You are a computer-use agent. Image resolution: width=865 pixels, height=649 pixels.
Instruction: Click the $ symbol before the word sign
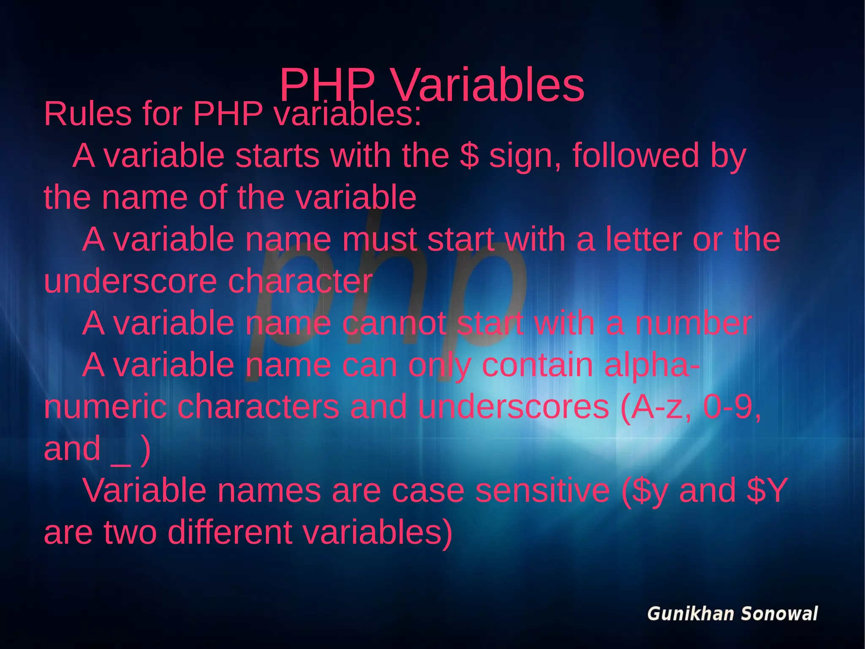[x=469, y=156]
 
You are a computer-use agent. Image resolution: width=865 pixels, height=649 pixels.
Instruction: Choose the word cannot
[x=394, y=323]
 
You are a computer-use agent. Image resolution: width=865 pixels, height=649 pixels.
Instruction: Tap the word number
[x=693, y=323]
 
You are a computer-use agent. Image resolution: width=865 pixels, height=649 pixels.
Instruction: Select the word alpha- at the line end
[x=652, y=365]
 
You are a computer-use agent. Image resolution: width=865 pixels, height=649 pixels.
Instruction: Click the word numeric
[x=105, y=407]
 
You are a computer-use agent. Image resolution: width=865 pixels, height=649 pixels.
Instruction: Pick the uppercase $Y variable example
[x=767, y=490]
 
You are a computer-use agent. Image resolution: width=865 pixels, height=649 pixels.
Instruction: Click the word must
[x=379, y=239]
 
